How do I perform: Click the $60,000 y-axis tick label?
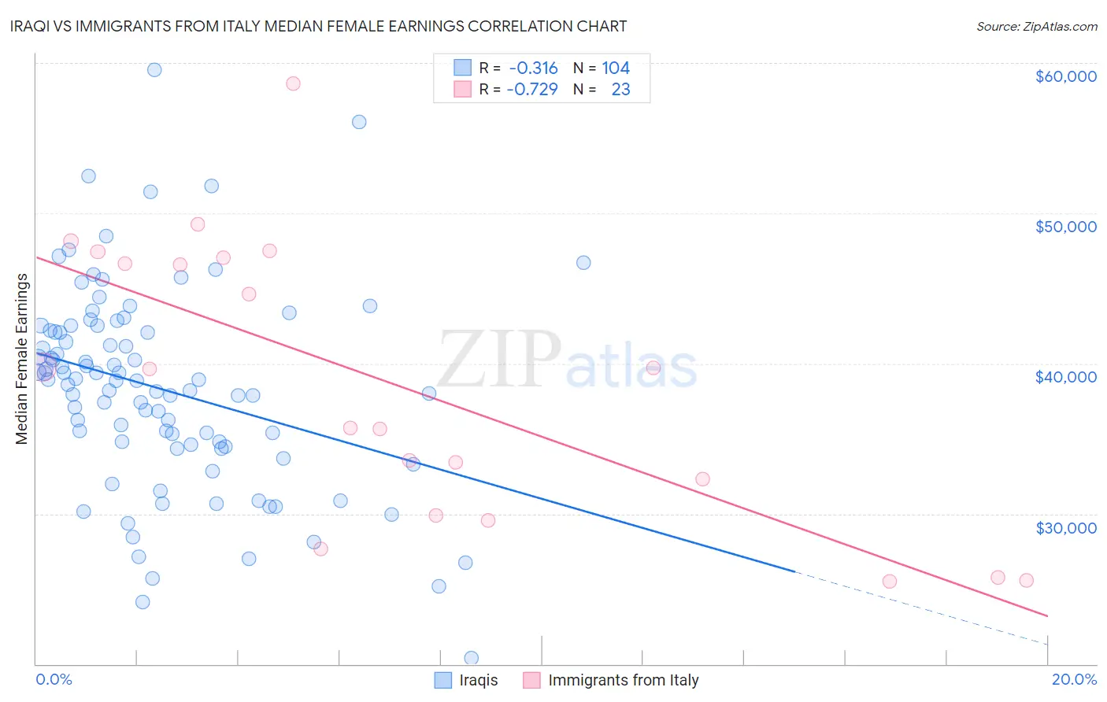click(1065, 76)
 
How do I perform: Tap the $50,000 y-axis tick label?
click(1065, 227)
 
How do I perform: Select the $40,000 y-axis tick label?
click(1065, 377)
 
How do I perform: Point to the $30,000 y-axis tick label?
click(1065, 527)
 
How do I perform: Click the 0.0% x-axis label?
click(54, 679)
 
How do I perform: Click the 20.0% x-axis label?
click(1074, 679)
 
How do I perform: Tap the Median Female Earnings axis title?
click(21, 359)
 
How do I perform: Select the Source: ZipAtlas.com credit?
click(1036, 26)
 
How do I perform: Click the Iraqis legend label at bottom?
click(479, 680)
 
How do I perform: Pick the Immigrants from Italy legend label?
click(623, 680)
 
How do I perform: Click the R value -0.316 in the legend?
click(532, 68)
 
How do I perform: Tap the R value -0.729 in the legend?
click(532, 90)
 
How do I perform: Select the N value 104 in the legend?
click(616, 68)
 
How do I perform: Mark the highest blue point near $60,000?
click(154, 70)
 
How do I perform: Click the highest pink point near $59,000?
click(293, 83)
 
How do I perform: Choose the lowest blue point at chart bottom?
click(471, 658)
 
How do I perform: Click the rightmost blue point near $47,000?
click(583, 263)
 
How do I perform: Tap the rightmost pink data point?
click(1026, 580)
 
